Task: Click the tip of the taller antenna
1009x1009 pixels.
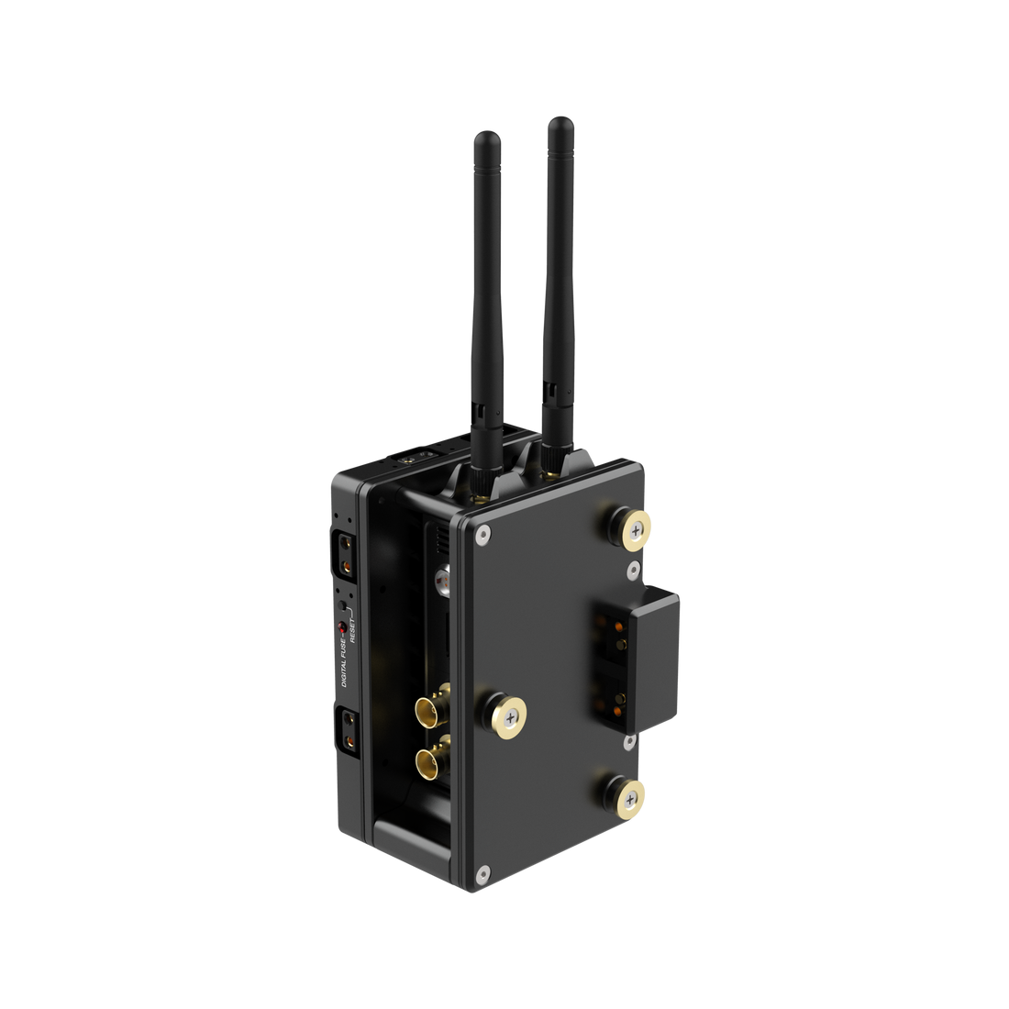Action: coord(560,119)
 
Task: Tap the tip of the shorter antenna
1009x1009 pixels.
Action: coord(487,134)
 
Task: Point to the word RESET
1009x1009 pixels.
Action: coord(352,629)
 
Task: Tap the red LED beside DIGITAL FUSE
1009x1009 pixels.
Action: coord(342,626)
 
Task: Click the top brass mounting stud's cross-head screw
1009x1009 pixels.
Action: coord(636,530)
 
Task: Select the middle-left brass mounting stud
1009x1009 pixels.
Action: coord(504,715)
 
